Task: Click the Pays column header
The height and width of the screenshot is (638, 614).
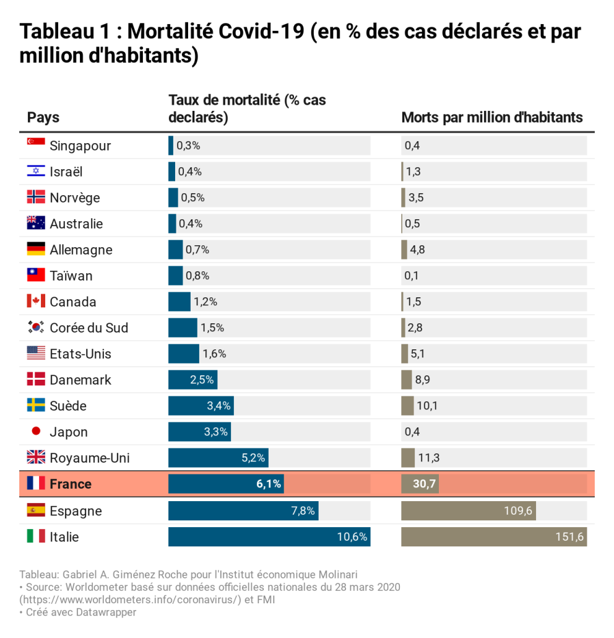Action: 43,117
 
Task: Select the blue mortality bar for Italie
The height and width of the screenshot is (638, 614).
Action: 269,537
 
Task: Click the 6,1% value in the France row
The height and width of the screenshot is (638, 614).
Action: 269,484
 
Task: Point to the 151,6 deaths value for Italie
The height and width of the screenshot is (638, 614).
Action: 569,537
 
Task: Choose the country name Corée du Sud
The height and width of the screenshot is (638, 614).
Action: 89,328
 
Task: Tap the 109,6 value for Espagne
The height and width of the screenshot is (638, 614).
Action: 518,511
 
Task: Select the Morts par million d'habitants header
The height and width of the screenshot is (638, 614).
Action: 492,117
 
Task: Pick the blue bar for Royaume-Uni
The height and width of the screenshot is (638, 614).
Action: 218,458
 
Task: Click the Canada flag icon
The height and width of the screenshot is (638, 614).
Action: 36,302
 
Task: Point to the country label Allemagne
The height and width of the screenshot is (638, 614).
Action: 81,250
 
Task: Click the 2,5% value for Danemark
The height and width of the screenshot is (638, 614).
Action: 202,380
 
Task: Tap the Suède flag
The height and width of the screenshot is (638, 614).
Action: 36,406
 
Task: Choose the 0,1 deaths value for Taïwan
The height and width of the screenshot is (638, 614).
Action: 412,276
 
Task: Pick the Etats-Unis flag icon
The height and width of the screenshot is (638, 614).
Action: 36,354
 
